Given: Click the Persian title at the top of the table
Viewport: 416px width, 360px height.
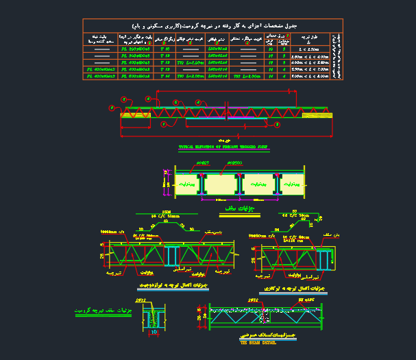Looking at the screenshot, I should [x=212, y=25].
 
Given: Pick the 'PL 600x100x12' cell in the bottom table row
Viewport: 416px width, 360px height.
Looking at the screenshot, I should [x=136, y=75].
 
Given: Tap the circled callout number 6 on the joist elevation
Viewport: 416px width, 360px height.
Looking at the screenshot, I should [x=176, y=102].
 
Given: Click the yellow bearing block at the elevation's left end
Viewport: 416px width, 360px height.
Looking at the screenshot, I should [x=131, y=116].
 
